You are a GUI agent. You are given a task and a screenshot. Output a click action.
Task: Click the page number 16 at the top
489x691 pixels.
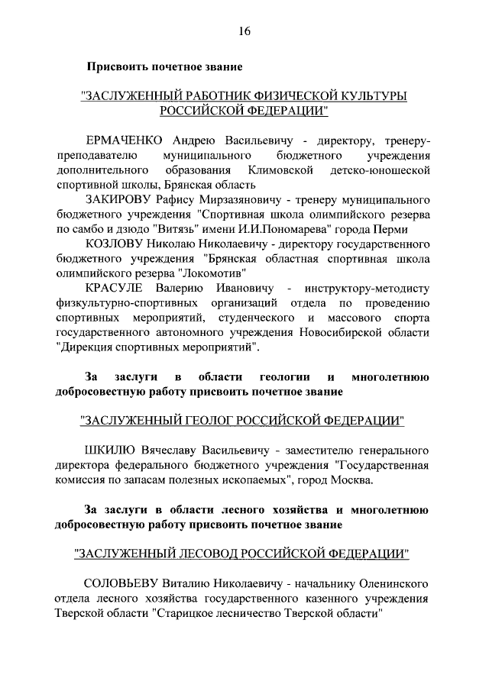coord(244,31)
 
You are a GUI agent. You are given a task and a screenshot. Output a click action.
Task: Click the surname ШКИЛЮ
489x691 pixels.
coord(112,450)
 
